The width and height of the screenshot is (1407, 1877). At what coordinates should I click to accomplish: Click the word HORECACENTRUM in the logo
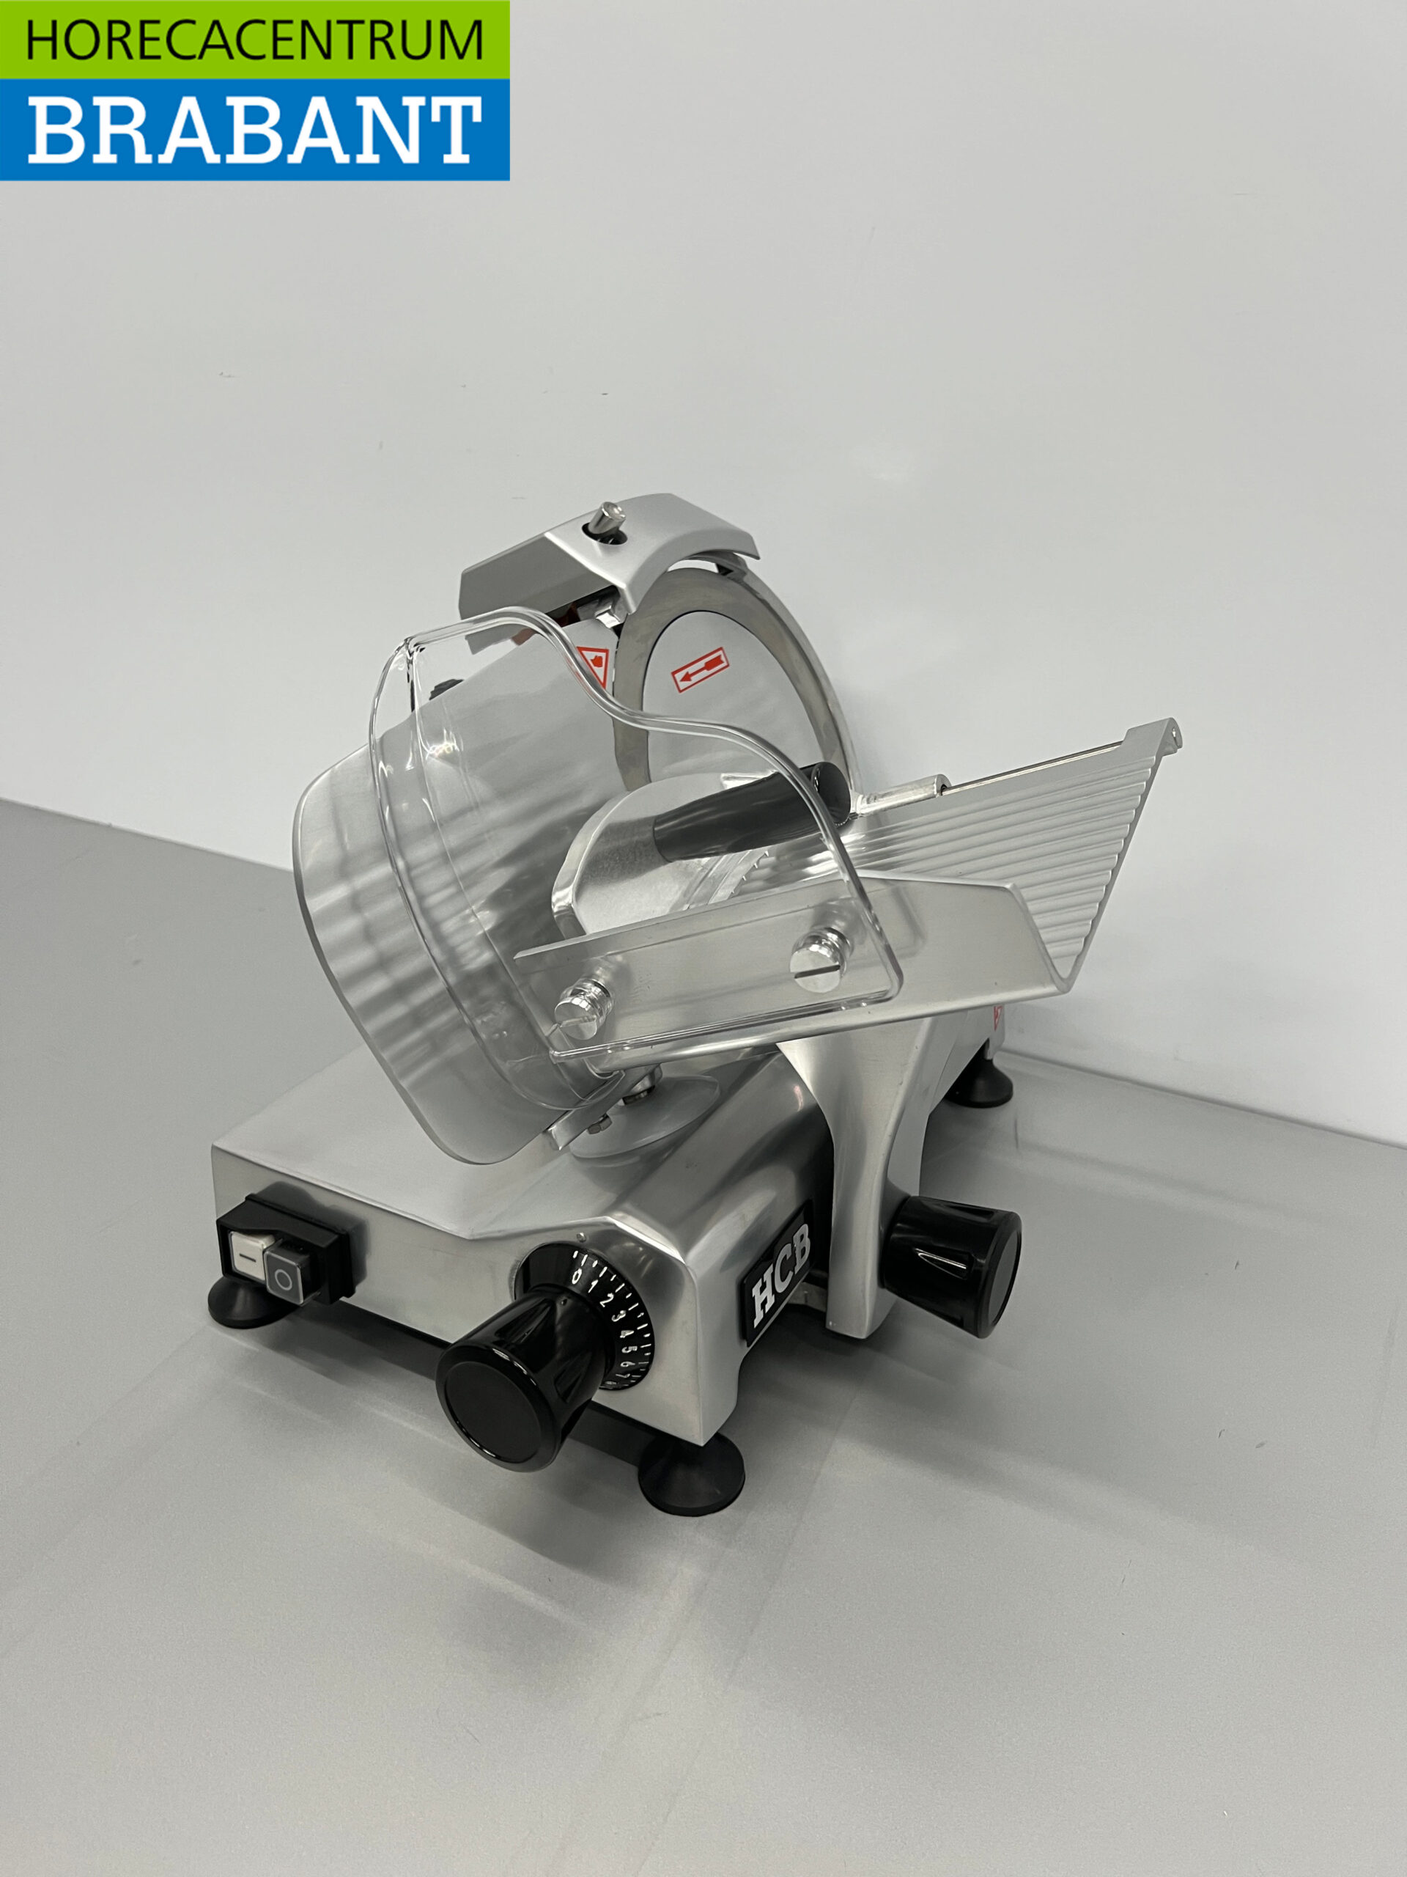(254, 39)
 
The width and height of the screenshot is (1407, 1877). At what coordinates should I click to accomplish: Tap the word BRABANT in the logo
(254, 130)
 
